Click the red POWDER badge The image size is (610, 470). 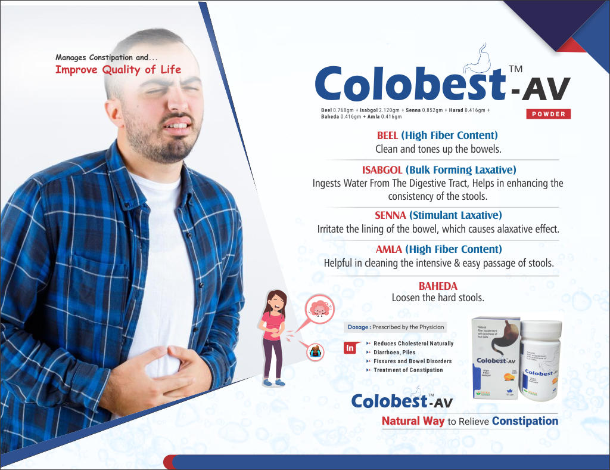548,114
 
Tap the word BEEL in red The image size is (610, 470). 387,136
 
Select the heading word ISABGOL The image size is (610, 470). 382,170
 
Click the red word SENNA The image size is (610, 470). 389,215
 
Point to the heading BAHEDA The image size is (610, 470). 438,286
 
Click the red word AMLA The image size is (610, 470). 388,249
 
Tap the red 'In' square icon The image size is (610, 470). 350,347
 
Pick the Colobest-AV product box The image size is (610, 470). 494,358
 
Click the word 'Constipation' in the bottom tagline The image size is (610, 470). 525,421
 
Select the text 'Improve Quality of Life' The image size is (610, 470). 118,70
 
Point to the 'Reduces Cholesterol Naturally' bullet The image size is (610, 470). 413,344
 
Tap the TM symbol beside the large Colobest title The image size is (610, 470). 516,70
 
